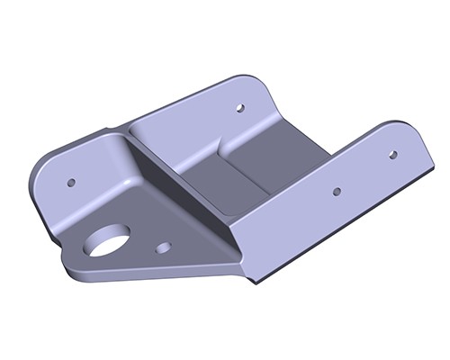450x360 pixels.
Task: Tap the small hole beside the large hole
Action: [x=163, y=245]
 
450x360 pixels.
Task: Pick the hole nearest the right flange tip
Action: [x=392, y=154]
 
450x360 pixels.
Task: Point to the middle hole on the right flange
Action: [x=336, y=191]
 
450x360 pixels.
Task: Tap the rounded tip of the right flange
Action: [x=416, y=135]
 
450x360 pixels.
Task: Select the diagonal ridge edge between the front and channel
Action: [x=180, y=184]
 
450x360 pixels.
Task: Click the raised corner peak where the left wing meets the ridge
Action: [x=121, y=135]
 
